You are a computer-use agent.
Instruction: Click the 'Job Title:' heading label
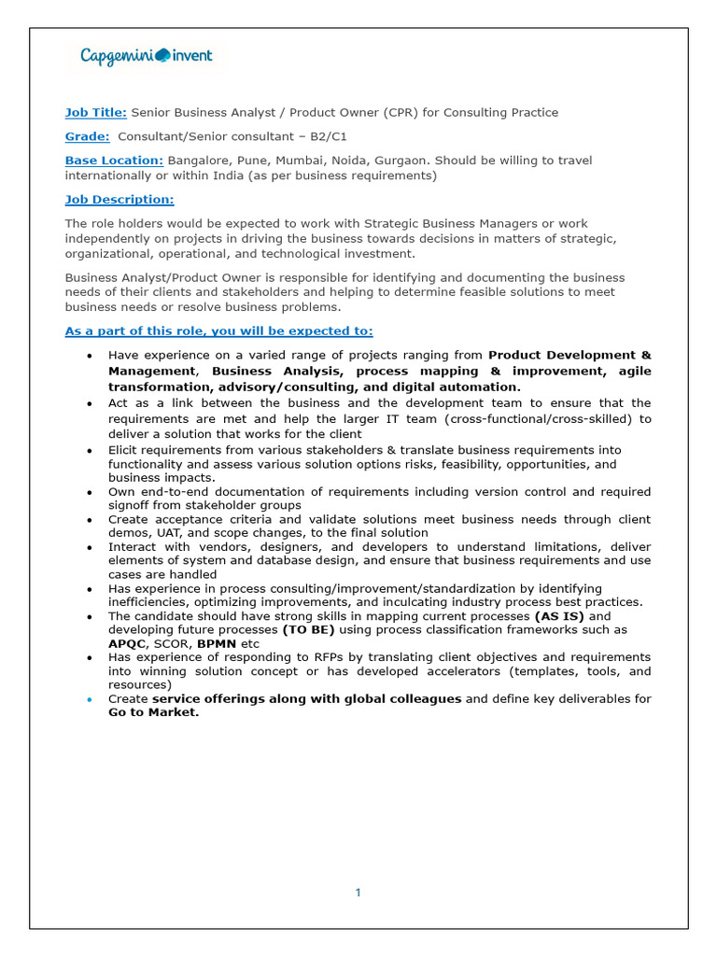pos(95,112)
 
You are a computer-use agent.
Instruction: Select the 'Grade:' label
pos(87,136)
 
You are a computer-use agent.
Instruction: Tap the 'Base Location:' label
pos(114,161)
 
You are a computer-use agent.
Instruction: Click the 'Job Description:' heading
pos(119,200)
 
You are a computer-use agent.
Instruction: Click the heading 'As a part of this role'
pos(218,330)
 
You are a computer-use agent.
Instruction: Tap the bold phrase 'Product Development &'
pos(569,355)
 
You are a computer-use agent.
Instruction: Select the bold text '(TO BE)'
pos(308,630)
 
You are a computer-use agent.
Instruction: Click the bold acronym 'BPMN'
pos(216,643)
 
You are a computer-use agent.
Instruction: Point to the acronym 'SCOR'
pos(172,643)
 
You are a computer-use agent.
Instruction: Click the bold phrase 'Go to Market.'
pos(153,712)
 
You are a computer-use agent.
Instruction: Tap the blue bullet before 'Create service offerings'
pos(89,699)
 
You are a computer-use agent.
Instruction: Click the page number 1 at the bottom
pos(358,893)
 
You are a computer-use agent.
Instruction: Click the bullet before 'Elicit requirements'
pos(89,450)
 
